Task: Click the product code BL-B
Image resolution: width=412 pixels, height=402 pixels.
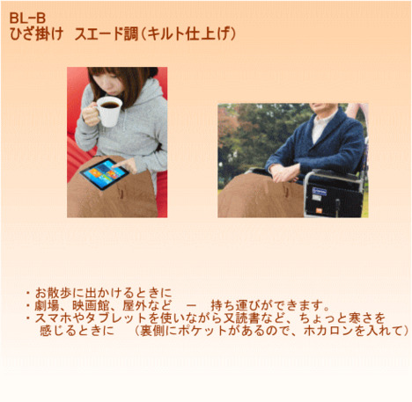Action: (x=27, y=18)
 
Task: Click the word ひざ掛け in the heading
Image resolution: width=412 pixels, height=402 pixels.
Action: (x=36, y=34)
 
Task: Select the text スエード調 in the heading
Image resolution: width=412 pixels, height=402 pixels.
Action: (x=106, y=34)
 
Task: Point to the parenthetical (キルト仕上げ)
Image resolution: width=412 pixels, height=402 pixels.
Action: (x=188, y=34)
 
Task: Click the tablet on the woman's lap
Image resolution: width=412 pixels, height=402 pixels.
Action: (x=104, y=174)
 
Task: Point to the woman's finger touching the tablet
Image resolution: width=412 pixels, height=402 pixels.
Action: (x=120, y=164)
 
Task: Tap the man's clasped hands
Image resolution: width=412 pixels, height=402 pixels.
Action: (x=283, y=172)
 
